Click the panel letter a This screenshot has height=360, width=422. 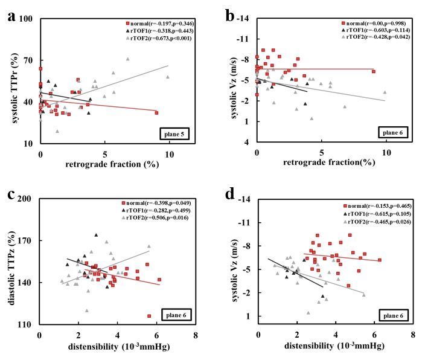coord(10,16)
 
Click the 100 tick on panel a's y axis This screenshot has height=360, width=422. coord(27,19)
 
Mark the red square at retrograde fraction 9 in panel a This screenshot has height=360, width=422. coord(156,113)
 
